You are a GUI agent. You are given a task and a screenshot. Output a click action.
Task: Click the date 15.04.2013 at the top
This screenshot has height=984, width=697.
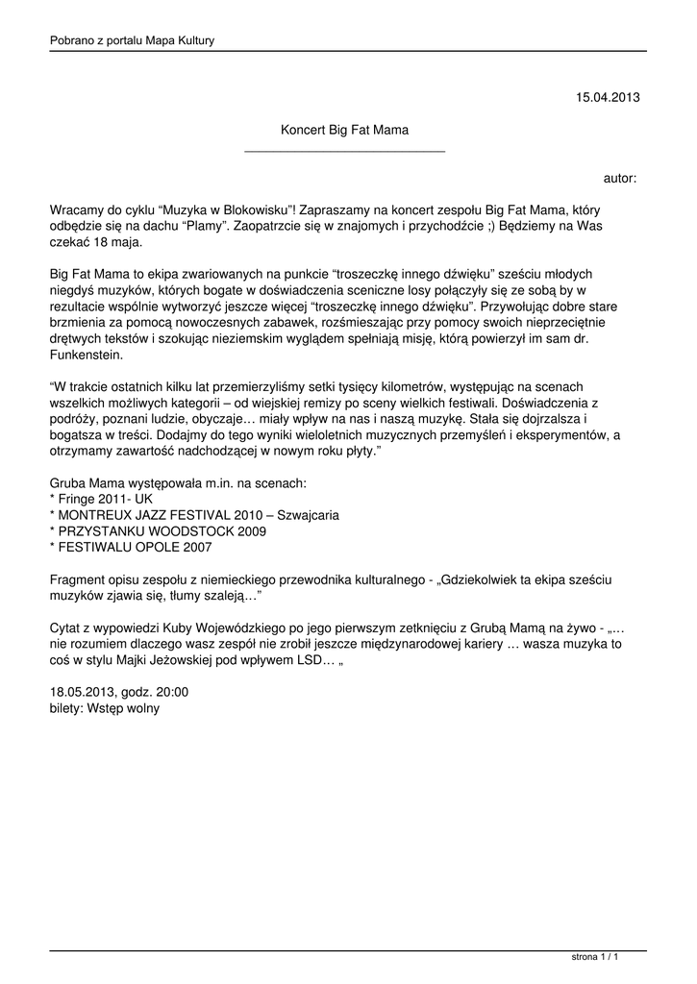[607, 97]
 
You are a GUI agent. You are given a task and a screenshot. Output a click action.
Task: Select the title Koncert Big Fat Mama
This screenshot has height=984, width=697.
[344, 128]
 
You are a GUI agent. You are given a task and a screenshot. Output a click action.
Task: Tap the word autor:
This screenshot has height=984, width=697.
[620, 178]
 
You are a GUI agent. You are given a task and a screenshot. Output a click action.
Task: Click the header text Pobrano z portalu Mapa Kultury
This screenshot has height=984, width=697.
[132, 40]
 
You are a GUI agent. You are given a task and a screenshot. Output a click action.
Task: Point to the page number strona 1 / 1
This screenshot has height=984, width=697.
[594, 957]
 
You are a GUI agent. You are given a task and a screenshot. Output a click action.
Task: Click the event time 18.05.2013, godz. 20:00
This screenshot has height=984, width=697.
[118, 692]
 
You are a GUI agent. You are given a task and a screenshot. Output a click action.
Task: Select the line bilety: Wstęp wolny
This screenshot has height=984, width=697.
[104, 708]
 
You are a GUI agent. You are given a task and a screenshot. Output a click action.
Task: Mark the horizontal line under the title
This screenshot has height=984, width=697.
[345, 151]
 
